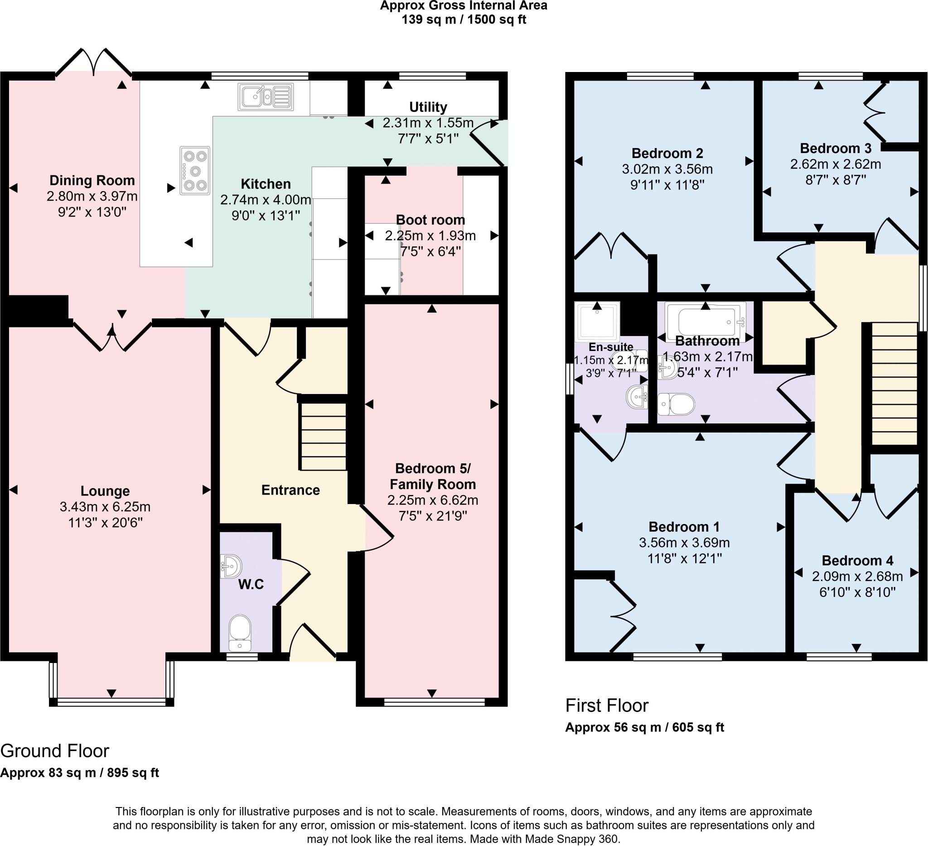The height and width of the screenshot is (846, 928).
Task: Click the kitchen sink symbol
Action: [266, 96]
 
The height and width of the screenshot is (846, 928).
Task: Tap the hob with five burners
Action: [195, 171]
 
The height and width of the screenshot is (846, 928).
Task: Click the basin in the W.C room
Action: [232, 566]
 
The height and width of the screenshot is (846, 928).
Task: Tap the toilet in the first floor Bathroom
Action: [676, 404]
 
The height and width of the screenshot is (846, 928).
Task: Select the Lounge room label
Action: [105, 491]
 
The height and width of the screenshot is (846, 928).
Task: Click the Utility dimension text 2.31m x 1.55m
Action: [428, 123]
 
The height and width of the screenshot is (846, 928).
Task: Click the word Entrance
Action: [290, 490]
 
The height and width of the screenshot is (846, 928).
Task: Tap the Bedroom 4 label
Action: [857, 560]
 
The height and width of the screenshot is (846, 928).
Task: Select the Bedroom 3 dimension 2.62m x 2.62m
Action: [836, 164]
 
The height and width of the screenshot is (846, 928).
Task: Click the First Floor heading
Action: [607, 705]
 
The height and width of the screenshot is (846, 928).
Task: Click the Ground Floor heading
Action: [55, 751]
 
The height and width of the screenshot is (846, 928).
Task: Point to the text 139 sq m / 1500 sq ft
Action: [464, 20]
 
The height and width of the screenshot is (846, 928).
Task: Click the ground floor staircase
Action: [323, 437]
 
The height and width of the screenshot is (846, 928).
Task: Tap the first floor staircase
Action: [894, 383]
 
